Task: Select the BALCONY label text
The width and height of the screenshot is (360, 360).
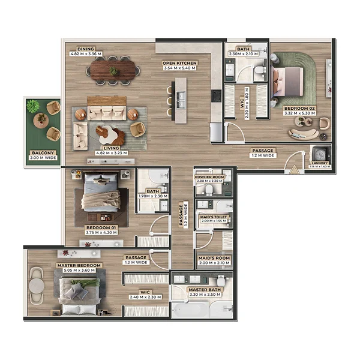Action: click(x=43, y=153)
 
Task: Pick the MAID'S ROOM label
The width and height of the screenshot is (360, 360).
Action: click(x=213, y=258)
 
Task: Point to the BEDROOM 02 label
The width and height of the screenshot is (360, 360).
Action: click(x=300, y=109)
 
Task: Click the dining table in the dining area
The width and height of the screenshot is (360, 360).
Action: click(x=113, y=71)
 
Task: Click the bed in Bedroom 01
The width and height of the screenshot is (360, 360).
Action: click(x=101, y=193)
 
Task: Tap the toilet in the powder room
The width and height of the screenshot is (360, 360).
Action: click(x=208, y=190)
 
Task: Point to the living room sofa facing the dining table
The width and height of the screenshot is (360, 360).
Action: click(x=107, y=112)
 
